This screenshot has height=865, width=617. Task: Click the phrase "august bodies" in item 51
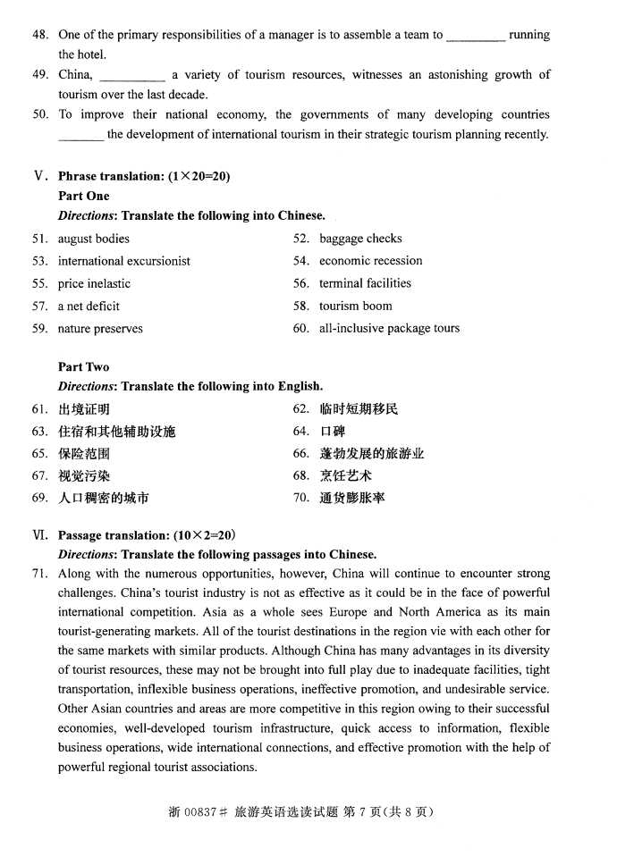(93, 239)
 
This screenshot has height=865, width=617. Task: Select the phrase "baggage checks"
(360, 239)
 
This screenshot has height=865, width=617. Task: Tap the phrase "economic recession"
(370, 261)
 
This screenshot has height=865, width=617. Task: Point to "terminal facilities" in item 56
(365, 283)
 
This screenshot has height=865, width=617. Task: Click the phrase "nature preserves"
(100, 328)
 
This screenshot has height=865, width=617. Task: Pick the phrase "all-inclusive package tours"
(389, 328)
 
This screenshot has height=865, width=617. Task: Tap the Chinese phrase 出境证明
(84, 409)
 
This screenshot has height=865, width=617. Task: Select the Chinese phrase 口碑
(332, 432)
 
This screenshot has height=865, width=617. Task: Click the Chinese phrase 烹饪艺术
(346, 475)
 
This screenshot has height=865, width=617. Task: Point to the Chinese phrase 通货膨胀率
(352, 498)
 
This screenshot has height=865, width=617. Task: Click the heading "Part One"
(83, 196)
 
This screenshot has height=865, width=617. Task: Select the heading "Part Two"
(83, 366)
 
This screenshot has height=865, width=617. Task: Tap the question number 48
(39, 35)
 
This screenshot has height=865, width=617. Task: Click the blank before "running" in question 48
(475, 36)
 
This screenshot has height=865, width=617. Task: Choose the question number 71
(39, 573)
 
